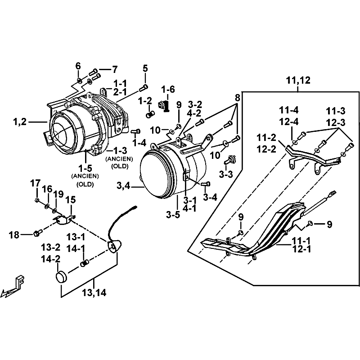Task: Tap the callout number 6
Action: tap(78, 66)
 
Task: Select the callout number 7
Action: tap(114, 69)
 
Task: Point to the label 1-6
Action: tap(168, 90)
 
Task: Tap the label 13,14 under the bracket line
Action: tap(94, 293)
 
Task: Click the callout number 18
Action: tap(14, 234)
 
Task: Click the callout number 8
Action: tap(238, 97)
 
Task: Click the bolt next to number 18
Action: tap(37, 233)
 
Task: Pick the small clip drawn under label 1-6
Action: tap(163, 106)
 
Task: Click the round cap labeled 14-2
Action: tap(61, 276)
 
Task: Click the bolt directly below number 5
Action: tap(145, 86)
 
